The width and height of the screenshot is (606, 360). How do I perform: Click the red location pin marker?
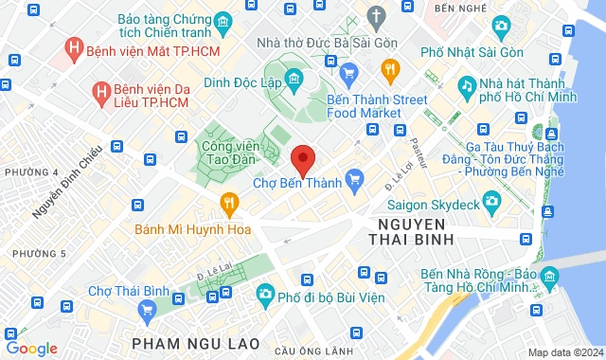coord(302,159)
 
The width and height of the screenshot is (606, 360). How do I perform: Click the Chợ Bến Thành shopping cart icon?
coord(355,177)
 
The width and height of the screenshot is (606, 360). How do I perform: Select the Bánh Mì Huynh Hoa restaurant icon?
coord(228,202)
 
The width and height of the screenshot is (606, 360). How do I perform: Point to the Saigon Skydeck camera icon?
coord(491,201)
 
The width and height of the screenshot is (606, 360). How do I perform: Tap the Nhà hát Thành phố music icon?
coord(466,86)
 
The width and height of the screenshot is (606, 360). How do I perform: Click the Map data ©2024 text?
coord(564,352)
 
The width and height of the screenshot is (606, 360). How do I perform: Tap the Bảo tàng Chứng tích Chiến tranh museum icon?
coord(222,21)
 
